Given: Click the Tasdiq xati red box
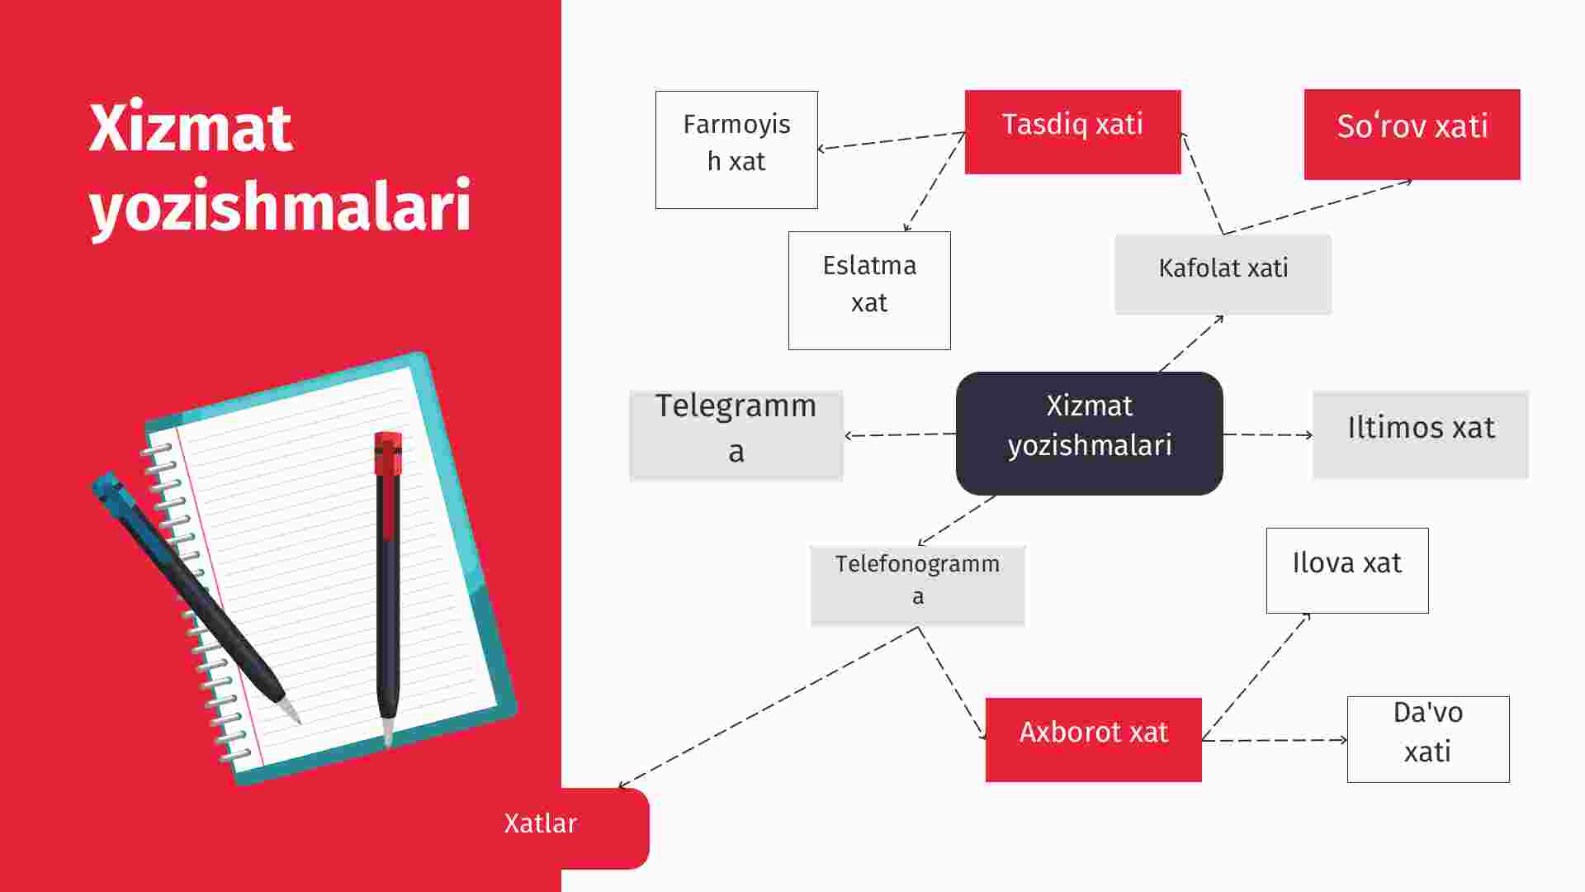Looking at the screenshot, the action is [x=1072, y=132].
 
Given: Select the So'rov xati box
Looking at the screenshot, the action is [x=1412, y=135].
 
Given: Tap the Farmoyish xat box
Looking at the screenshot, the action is [x=736, y=149].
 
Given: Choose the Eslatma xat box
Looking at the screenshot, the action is [x=869, y=291].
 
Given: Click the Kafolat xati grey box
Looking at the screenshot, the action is [x=1223, y=274].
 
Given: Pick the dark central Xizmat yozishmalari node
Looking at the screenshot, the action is [x=1090, y=434].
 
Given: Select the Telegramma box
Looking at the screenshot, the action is [x=736, y=435].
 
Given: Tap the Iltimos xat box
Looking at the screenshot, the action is [x=1421, y=434].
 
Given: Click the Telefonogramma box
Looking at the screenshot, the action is [x=918, y=586].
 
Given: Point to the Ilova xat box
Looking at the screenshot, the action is [x=1347, y=571].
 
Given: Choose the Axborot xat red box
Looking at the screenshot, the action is [x=1094, y=740].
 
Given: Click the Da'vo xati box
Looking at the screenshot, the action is [x=1428, y=739].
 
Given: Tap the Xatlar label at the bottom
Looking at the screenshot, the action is [x=541, y=823].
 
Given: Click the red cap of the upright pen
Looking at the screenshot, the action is [x=388, y=453].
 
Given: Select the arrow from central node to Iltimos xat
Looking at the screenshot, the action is [x=1268, y=434].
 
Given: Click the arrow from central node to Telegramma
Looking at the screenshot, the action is [x=900, y=434].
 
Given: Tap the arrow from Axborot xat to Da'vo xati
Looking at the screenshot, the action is [x=1275, y=740].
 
